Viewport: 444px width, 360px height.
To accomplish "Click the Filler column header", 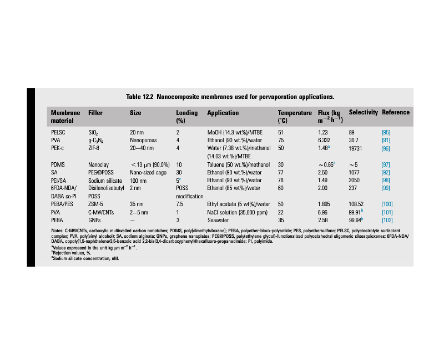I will (95, 113).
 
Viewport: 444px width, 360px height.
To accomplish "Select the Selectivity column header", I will (363, 113).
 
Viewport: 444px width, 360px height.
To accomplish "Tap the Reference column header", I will (396, 113).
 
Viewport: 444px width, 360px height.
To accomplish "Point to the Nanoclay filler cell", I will (99, 164).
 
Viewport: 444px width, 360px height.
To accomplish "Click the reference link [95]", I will (386, 133).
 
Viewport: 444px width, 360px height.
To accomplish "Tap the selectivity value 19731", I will (357, 149).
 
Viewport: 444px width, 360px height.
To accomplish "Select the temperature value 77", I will (281, 173).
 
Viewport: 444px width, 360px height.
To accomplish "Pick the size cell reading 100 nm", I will (138, 181).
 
